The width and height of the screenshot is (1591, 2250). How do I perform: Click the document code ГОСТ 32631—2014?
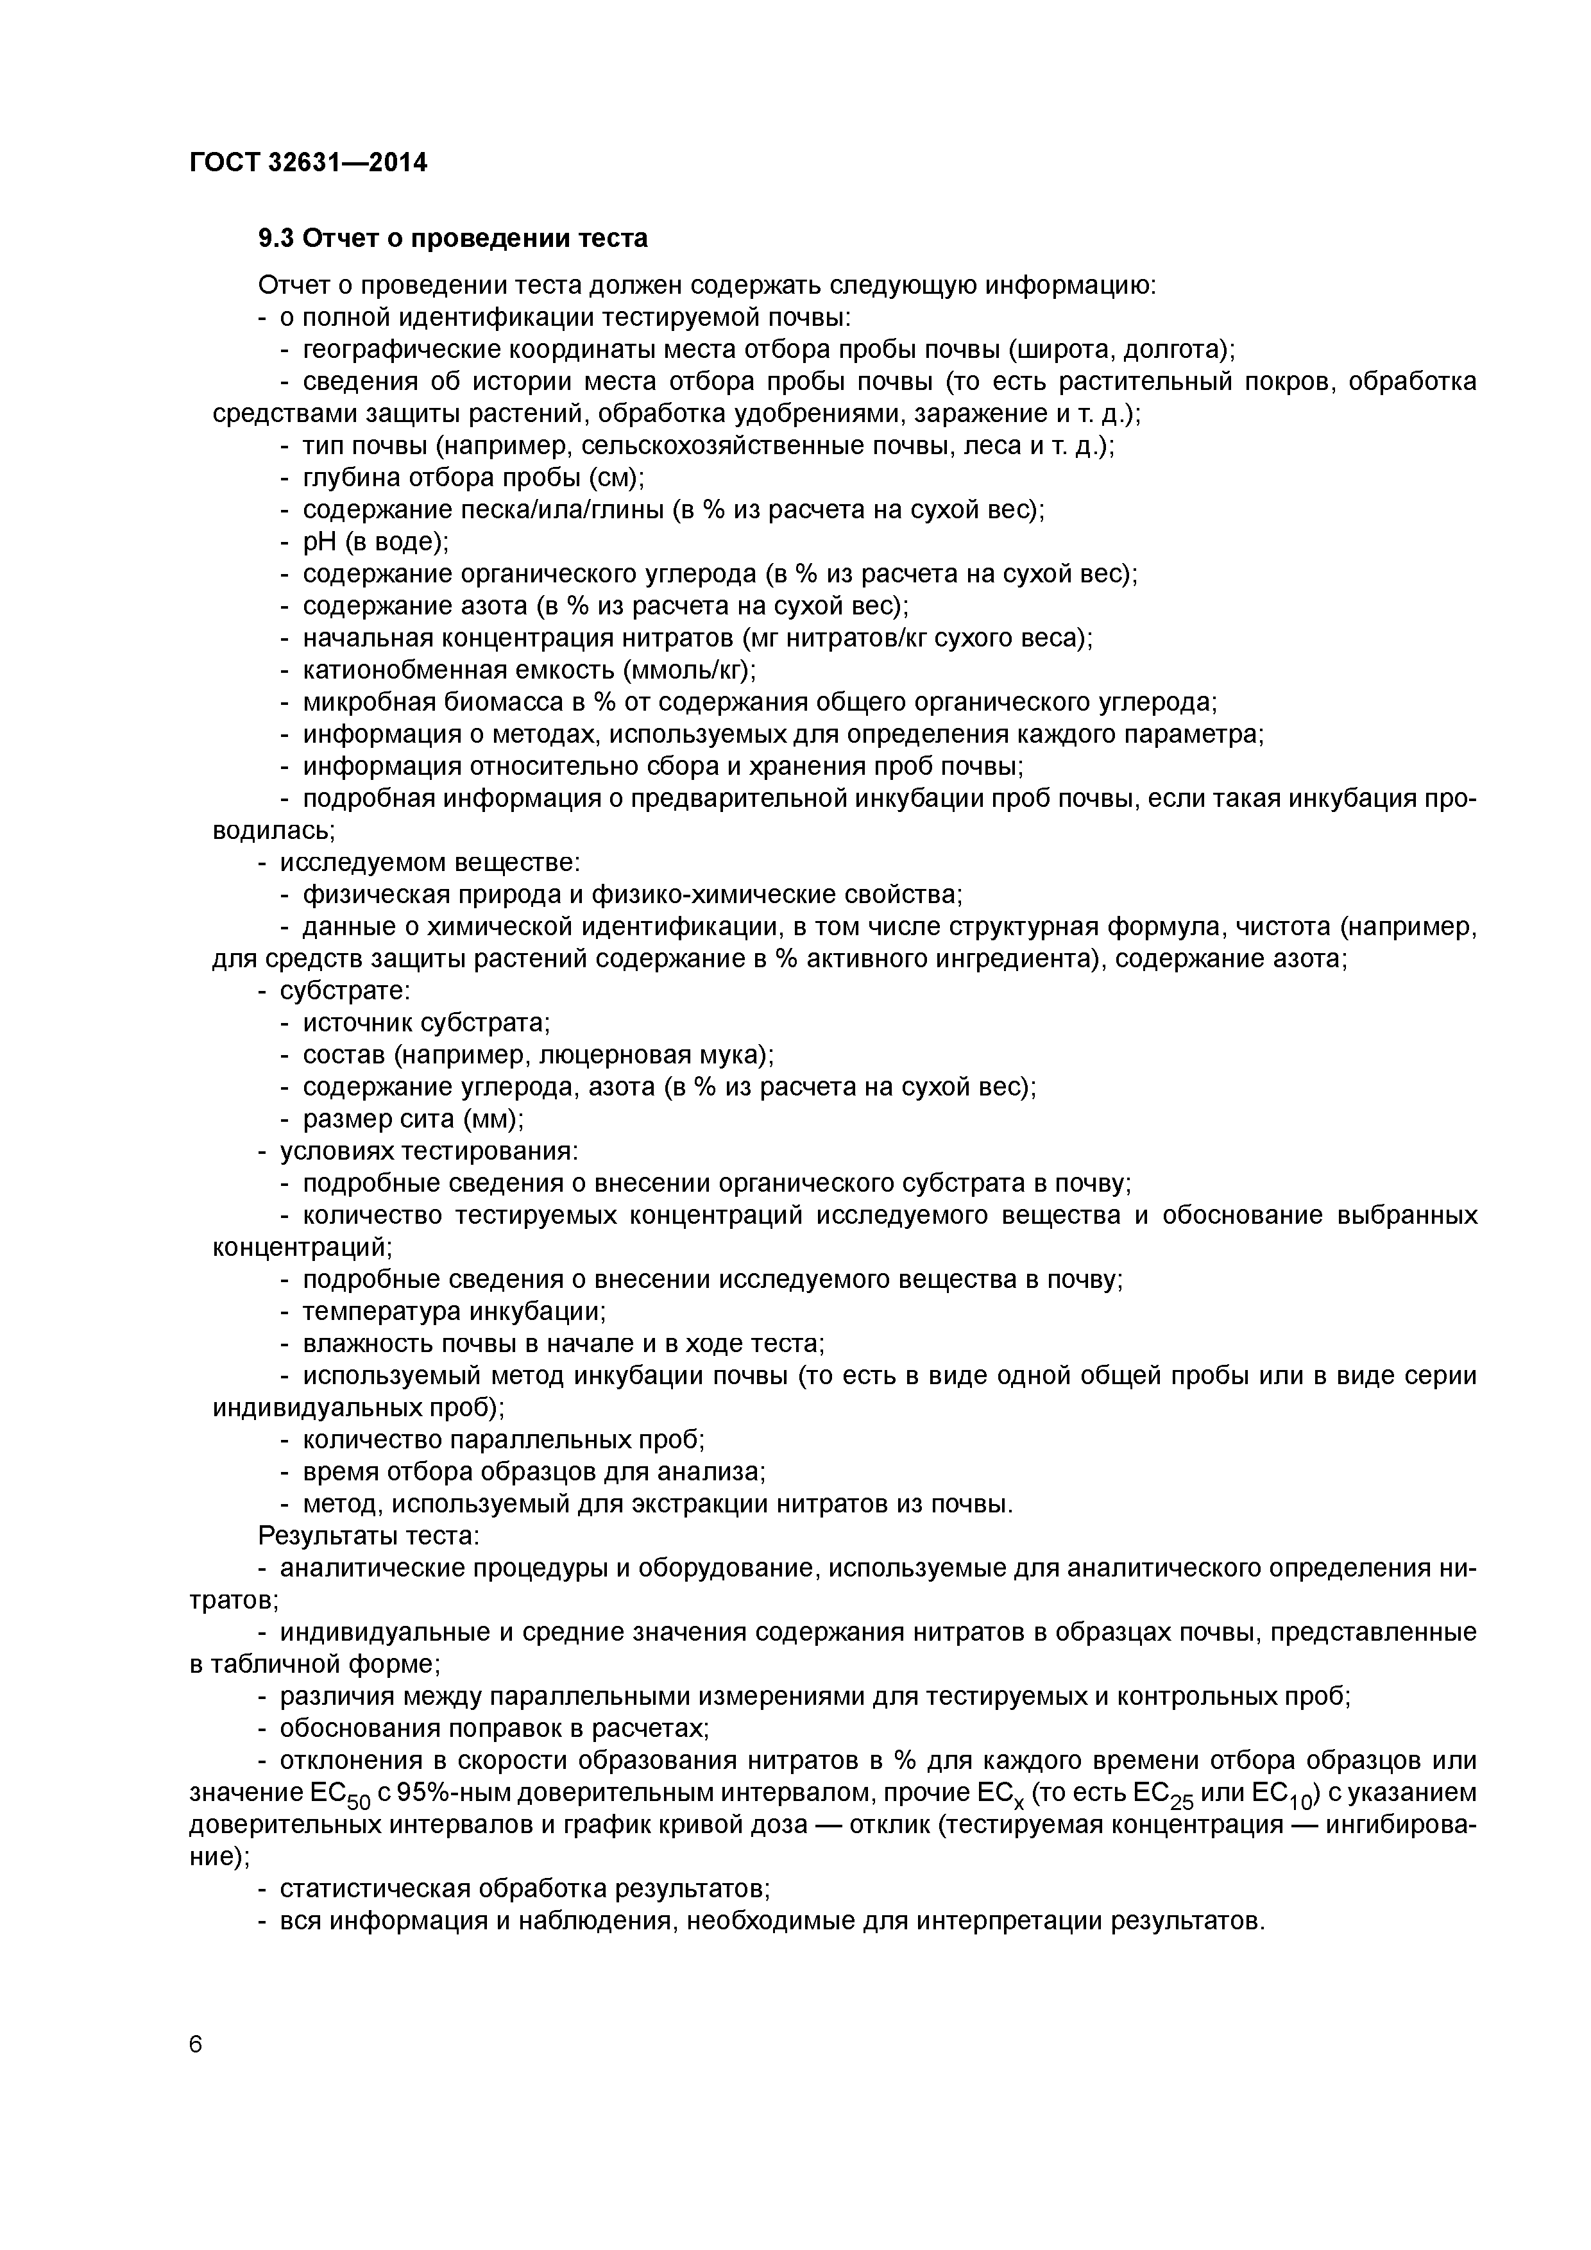click(x=308, y=163)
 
